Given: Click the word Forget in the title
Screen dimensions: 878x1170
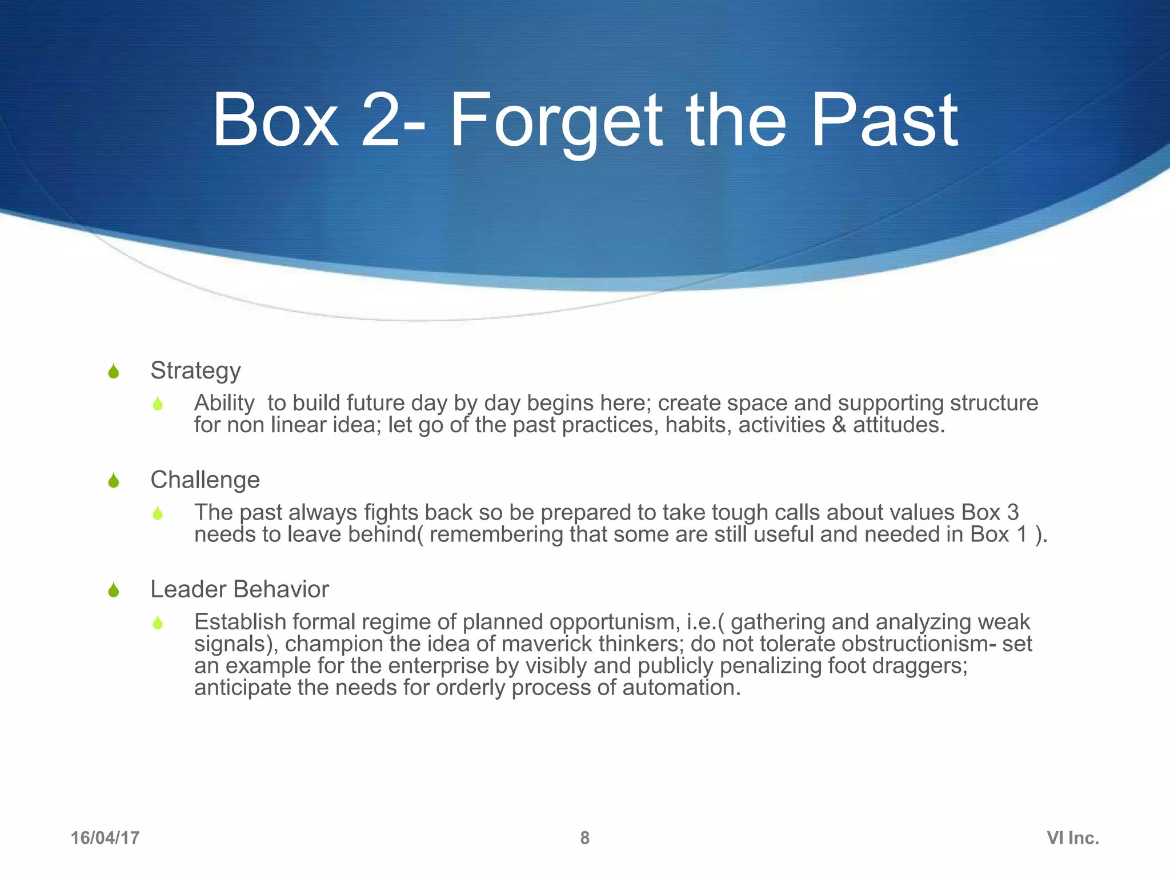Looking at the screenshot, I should pos(556,121).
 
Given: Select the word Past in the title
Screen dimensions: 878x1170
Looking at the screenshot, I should pos(884,121).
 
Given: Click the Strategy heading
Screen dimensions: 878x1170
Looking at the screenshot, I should pos(195,370).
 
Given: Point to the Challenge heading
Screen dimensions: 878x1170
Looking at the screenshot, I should pos(205,480).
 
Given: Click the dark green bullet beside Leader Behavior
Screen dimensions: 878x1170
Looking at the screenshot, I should pos(113,589).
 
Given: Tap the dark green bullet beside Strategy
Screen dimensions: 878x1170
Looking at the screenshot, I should pos(113,372).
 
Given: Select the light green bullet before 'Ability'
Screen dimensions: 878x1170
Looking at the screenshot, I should pos(158,404).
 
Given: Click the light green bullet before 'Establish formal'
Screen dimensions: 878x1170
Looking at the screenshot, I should pos(158,622).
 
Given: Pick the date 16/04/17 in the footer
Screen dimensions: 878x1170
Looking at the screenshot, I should pos(105,838).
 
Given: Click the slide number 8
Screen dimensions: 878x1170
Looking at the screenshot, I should pos(584,838).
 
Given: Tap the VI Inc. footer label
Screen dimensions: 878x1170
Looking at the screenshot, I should pos(1072,838).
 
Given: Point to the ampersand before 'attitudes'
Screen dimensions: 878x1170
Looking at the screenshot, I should pos(839,425).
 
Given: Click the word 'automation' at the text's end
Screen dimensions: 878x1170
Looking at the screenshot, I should pos(681,688).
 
